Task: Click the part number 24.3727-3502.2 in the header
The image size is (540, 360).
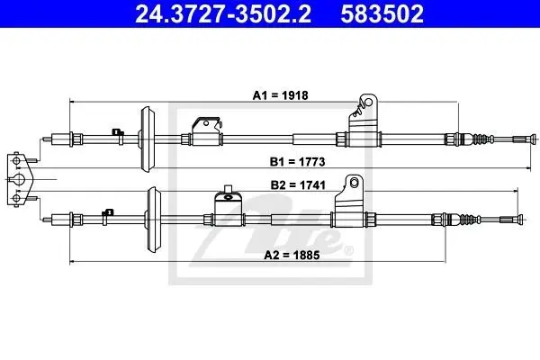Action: (x=223, y=13)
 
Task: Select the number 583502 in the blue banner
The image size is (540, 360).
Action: (x=382, y=13)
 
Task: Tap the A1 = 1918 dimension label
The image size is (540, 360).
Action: (x=280, y=95)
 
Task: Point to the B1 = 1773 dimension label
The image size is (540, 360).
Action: (x=297, y=162)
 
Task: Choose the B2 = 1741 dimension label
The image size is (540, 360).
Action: (x=298, y=185)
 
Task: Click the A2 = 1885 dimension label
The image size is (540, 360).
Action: (x=292, y=255)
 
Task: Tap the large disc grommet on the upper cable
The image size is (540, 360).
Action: (x=148, y=139)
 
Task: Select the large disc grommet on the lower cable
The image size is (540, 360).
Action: (x=153, y=219)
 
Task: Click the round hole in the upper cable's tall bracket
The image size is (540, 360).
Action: (x=368, y=103)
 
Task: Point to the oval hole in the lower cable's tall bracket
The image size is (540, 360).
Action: (x=355, y=183)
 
